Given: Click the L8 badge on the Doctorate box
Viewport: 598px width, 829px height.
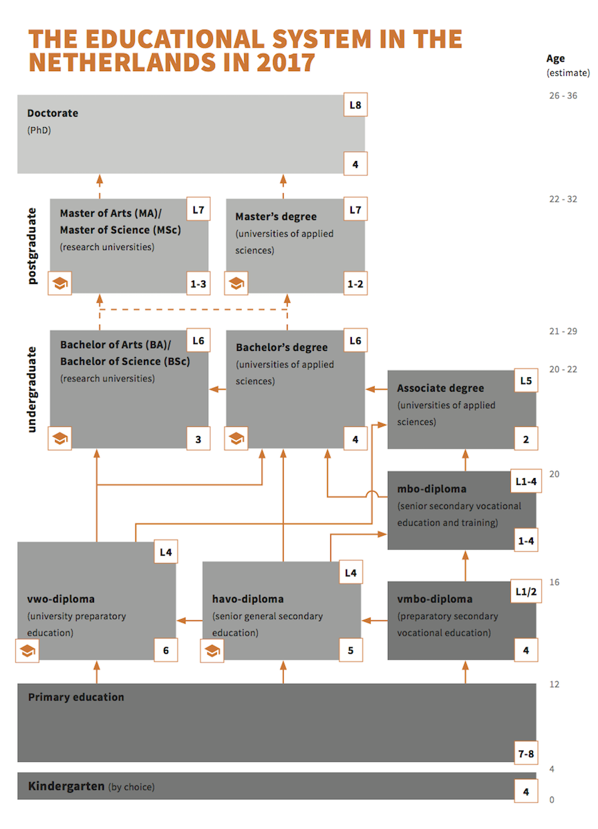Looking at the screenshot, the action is [x=355, y=105].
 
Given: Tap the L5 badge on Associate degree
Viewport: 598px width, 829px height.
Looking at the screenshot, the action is [x=526, y=381].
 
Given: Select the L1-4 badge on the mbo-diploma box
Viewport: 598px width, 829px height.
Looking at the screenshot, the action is [x=526, y=481].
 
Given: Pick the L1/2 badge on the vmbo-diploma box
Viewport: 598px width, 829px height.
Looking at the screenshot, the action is [x=526, y=591].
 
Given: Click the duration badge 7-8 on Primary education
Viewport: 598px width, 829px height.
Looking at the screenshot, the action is [x=526, y=754].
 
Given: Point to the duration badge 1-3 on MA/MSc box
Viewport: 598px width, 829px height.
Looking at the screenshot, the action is [x=198, y=283].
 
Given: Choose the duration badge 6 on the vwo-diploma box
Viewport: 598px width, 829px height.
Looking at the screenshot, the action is [x=166, y=650].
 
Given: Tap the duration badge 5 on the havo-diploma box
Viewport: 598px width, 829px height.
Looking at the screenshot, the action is [x=351, y=650].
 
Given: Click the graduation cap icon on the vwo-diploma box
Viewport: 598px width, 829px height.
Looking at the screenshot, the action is [x=28, y=651].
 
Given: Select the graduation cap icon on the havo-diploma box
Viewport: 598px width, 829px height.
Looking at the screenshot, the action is [x=212, y=651].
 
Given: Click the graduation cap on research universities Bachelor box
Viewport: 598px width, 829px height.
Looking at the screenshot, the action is [x=59, y=439].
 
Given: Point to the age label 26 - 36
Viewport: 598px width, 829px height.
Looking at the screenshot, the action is [x=563, y=95].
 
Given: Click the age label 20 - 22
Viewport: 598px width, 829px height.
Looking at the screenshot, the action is [x=563, y=370].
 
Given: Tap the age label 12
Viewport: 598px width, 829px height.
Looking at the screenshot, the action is [x=554, y=685].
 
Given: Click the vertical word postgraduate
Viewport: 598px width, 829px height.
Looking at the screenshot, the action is [x=32, y=246].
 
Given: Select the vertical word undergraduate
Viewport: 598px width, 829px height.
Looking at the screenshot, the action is [x=32, y=390].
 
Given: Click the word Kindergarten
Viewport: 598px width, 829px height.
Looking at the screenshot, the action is [x=66, y=785].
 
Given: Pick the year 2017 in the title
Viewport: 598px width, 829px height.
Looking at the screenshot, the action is [x=286, y=62].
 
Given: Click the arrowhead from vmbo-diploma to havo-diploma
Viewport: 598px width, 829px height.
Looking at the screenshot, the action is [x=366, y=620].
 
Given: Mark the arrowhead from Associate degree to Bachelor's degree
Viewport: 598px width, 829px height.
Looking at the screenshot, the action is [x=371, y=389].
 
